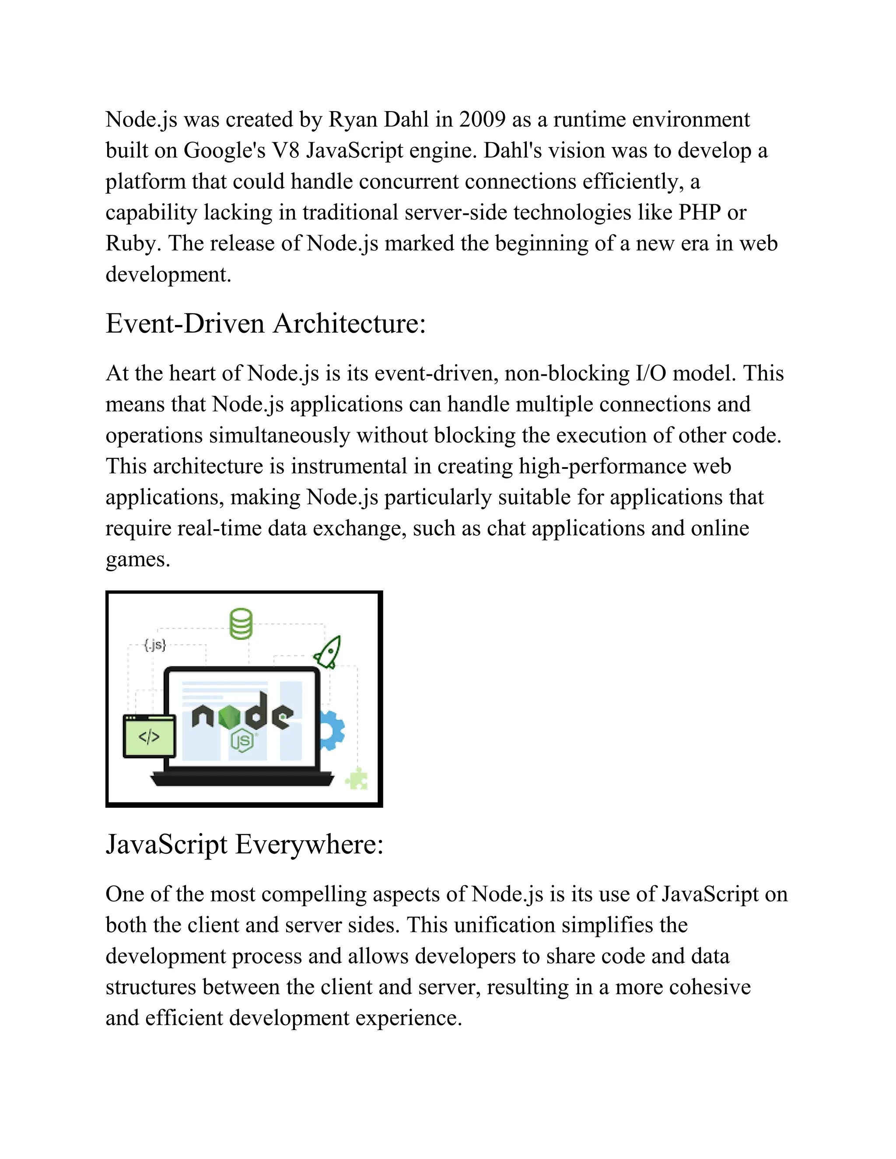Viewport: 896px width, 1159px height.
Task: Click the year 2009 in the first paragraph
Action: coord(482,119)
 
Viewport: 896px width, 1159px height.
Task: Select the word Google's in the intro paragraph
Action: coord(224,151)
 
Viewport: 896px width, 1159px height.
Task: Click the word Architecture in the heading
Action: coord(350,323)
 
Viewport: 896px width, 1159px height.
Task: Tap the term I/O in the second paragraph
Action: coord(651,373)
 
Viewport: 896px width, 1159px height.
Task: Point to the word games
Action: coord(137,559)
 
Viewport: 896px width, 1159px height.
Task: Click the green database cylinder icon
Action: coord(241,624)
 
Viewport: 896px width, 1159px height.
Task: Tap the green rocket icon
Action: coord(328,652)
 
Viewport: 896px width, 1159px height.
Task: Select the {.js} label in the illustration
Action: coord(155,645)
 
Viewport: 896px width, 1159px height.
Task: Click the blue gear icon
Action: coord(332,731)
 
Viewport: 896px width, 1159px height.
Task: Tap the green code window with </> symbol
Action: coord(149,736)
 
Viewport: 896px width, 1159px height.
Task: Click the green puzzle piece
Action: coord(357,778)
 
